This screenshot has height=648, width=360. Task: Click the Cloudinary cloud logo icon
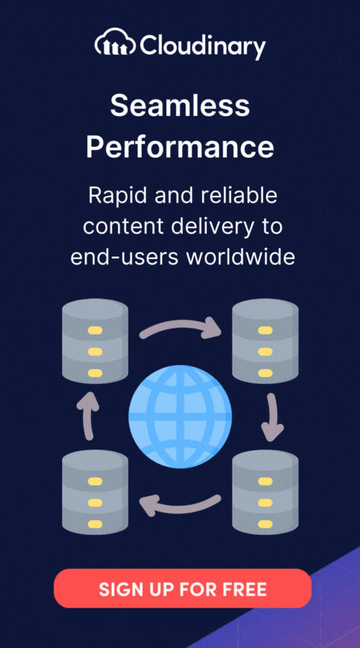pos(116,42)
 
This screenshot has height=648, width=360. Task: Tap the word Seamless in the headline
pos(180,105)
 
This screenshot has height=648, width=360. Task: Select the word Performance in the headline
pos(180,147)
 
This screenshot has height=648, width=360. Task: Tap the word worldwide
pos(240,256)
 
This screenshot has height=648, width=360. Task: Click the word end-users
pos(124,258)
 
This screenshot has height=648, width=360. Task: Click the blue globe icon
pos(180,417)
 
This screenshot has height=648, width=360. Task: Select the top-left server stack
pos(95,341)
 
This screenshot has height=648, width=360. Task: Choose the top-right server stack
pos(265,341)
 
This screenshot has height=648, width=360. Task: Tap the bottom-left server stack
pos(95,492)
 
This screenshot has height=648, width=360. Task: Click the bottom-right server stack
pos(265,492)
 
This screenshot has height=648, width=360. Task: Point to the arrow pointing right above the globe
pos(180,325)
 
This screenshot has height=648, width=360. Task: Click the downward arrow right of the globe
pos(272,417)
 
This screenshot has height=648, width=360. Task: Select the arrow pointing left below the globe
pos(180,505)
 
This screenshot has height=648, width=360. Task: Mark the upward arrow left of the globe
pos(88,415)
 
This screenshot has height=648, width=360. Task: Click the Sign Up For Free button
pos(182,588)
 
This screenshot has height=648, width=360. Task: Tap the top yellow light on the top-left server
pos(95,330)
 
